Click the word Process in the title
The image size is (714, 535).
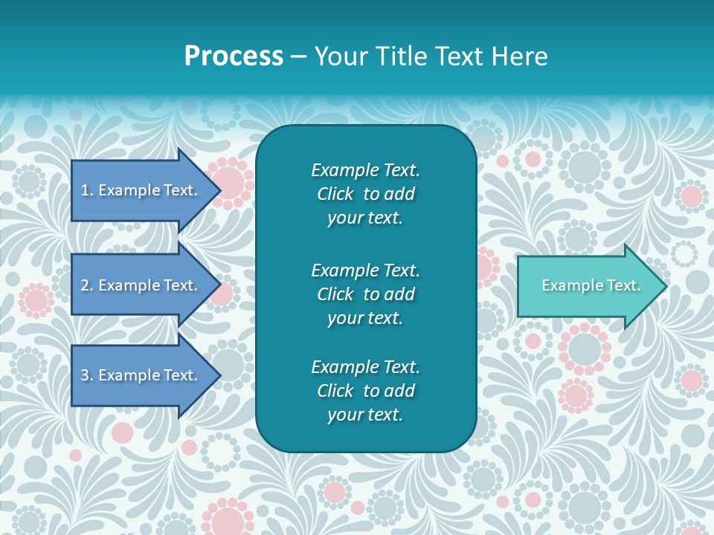click(234, 56)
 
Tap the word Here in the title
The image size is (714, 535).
click(518, 56)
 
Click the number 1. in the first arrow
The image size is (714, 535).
click(87, 190)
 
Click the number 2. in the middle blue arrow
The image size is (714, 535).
click(87, 285)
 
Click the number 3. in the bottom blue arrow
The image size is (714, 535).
click(87, 375)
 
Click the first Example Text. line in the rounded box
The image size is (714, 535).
click(365, 170)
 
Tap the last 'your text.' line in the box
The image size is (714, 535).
click(365, 415)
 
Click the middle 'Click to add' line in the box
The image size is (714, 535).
click(365, 294)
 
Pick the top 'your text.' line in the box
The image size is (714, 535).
click(365, 218)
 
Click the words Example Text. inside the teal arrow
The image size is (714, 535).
click(591, 285)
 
